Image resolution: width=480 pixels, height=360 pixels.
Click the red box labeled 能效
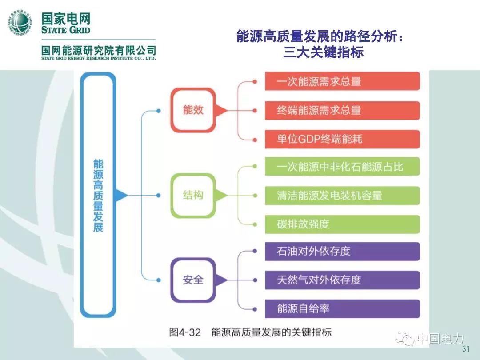(x=193, y=110)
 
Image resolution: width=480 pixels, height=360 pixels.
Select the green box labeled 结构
(x=193, y=195)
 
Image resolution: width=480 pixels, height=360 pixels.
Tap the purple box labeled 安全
(x=193, y=280)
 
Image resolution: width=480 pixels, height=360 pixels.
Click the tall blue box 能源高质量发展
(x=98, y=195)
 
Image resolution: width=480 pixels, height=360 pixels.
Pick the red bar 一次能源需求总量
(x=342, y=82)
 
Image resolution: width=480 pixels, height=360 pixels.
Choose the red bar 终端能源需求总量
(x=342, y=110)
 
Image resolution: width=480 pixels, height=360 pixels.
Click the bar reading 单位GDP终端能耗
(x=342, y=139)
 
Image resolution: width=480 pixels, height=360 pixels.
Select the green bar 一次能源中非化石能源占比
(x=342, y=167)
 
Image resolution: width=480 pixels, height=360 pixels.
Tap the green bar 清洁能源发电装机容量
(x=342, y=195)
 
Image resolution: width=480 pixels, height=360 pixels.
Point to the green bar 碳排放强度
(x=342, y=224)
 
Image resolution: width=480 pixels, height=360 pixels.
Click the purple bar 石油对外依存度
(x=342, y=251)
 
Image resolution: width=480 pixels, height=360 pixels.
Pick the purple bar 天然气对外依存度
(x=342, y=280)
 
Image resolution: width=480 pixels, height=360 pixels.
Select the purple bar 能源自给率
(x=342, y=308)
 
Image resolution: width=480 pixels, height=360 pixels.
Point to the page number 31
(x=466, y=349)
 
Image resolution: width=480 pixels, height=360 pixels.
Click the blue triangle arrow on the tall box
(x=121, y=195)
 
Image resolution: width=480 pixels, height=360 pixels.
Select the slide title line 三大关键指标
(x=323, y=52)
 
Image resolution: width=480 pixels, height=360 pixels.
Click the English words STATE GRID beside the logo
(x=65, y=30)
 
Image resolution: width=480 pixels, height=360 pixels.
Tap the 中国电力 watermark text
(x=440, y=339)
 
